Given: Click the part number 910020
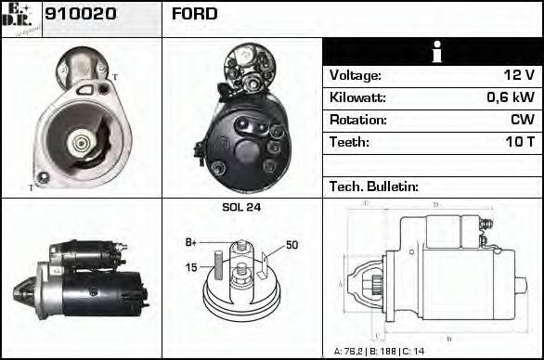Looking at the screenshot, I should tap(81, 14).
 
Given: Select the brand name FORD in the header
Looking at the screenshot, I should tap(194, 14).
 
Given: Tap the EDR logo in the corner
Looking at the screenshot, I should tap(20, 17).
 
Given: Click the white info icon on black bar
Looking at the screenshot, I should tap(433, 52).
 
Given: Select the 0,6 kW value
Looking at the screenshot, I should tap(510, 97).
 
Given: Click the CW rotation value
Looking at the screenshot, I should tap(522, 120).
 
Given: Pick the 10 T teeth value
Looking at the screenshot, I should tap(518, 142).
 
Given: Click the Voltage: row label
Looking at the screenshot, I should tap(355, 75).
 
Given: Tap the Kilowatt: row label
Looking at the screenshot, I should tap(357, 97).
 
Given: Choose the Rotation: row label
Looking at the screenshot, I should tap(357, 120).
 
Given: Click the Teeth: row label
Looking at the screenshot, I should tap(349, 142).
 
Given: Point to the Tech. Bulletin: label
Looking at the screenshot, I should tap(371, 186).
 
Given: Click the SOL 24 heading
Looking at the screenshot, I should tap(241, 207).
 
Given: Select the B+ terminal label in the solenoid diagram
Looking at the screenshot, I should tap(191, 242).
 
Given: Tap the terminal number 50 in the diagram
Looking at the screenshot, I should tap(291, 245).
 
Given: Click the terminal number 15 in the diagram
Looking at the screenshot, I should tap(191, 268).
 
